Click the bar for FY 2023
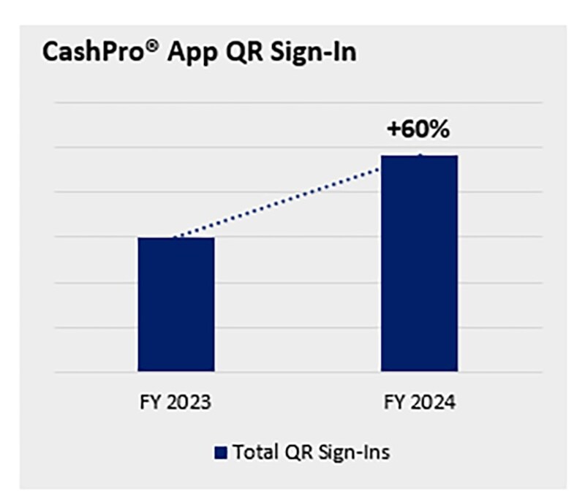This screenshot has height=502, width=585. click(175, 304)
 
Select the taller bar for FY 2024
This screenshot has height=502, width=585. click(419, 263)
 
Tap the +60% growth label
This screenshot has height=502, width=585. click(418, 131)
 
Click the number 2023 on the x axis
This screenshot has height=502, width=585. click(187, 403)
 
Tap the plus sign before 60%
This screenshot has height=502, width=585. click(395, 132)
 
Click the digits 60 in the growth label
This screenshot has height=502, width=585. click(416, 131)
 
